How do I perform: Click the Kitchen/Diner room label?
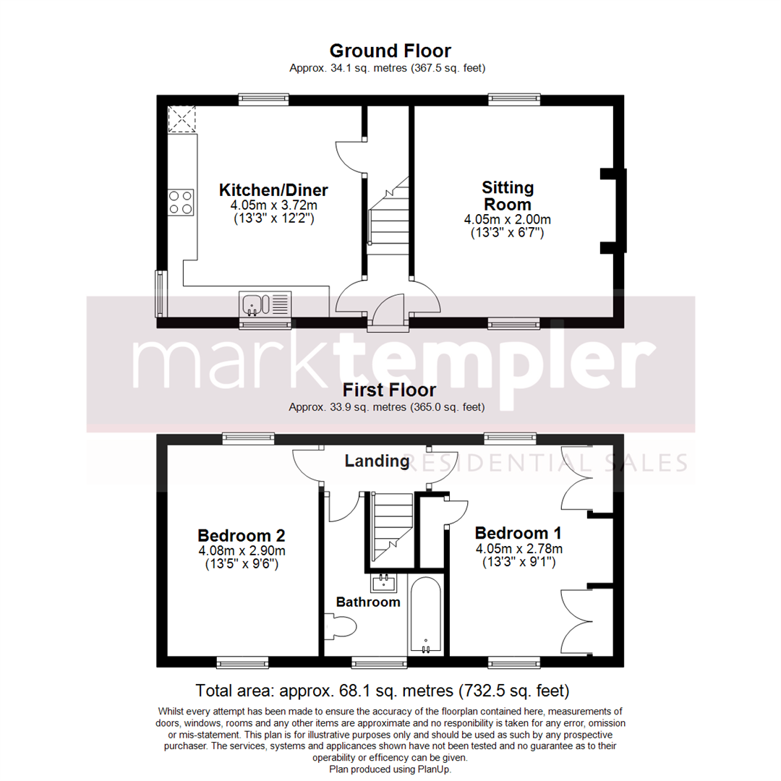(x=273, y=191)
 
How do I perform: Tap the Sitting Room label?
(x=508, y=196)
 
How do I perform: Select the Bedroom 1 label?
(x=518, y=533)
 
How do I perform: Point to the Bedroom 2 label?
(x=241, y=536)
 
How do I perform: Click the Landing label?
(x=377, y=461)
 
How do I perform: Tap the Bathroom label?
(x=368, y=602)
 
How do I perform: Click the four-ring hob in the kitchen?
(x=182, y=202)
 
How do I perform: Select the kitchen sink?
(x=264, y=304)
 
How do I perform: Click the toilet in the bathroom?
(x=339, y=626)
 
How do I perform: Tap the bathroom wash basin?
(x=383, y=582)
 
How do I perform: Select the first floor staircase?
(x=391, y=527)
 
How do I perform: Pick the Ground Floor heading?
(x=390, y=51)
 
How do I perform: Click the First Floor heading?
(x=390, y=390)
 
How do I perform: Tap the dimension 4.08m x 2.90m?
(x=241, y=551)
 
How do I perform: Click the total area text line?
(x=383, y=688)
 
